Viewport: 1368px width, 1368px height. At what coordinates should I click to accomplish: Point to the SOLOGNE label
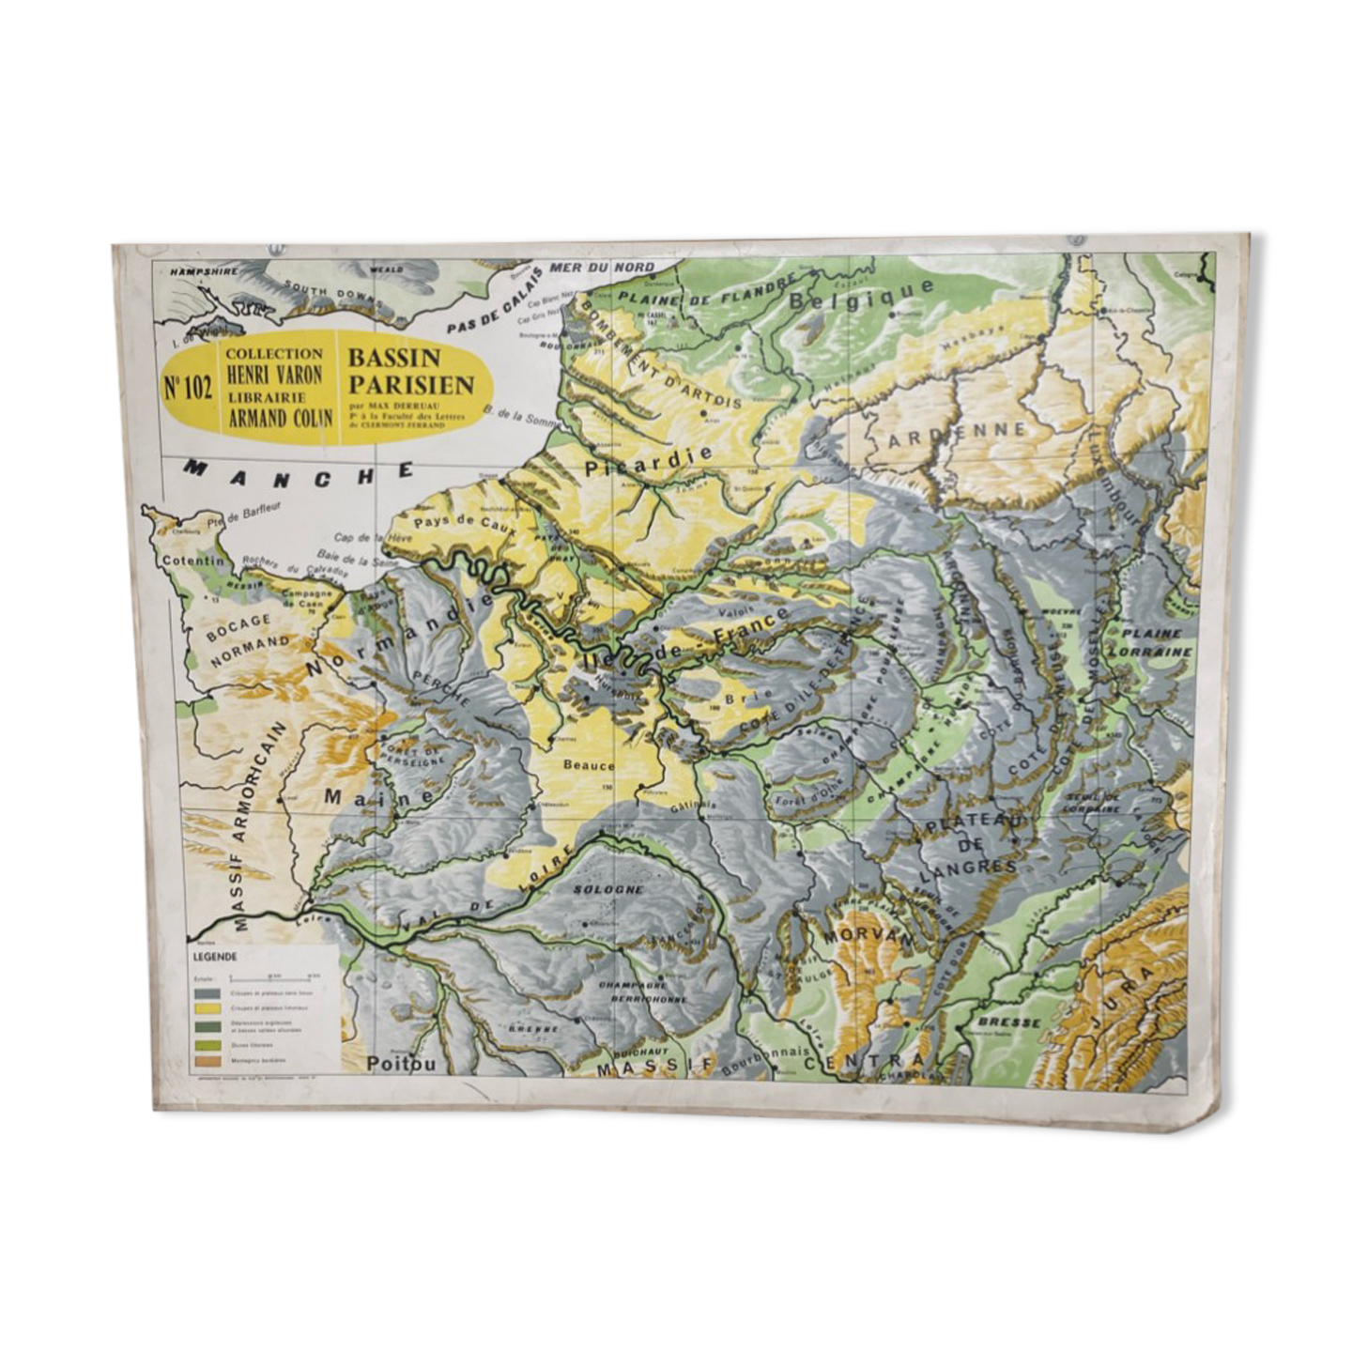[x=608, y=888]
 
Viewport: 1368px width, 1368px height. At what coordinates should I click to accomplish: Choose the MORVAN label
[x=854, y=936]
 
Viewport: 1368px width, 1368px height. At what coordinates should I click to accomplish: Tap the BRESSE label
[x=1008, y=1021]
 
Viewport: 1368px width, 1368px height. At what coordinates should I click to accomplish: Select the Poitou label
[x=401, y=1064]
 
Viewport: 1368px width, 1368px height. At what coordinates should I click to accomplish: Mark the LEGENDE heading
[x=214, y=957]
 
